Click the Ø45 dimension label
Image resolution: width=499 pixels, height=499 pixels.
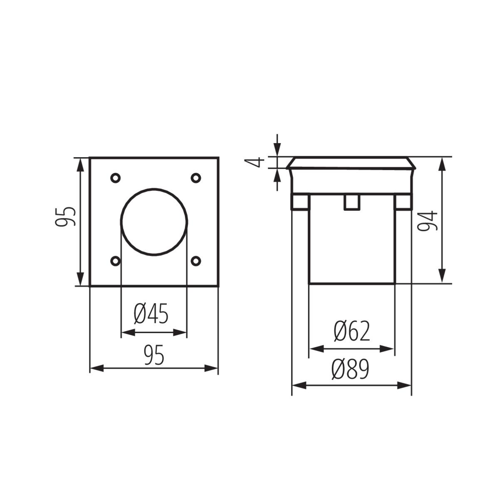(x=151, y=314)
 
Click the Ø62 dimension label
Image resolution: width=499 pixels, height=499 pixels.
(x=351, y=331)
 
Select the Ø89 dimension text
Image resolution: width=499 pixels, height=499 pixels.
(x=350, y=369)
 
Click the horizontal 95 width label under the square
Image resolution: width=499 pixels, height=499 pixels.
(x=154, y=356)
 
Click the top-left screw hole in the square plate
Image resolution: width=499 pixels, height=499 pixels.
(x=115, y=178)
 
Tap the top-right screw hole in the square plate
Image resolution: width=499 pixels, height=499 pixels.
(x=195, y=178)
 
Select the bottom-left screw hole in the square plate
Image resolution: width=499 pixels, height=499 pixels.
(x=115, y=261)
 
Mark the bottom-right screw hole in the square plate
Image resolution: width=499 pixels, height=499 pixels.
(x=195, y=261)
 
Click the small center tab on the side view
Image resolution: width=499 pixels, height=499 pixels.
(x=351, y=202)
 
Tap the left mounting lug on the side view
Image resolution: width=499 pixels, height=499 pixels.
(x=300, y=202)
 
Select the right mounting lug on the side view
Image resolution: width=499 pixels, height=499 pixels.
(x=403, y=202)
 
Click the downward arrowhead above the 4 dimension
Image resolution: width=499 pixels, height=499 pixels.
(x=277, y=150)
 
